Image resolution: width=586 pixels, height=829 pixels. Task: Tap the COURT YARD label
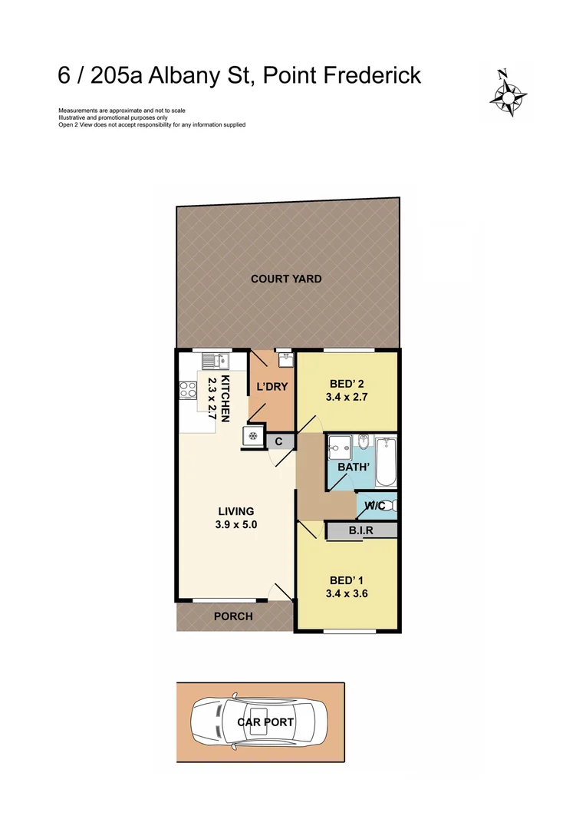[286, 279]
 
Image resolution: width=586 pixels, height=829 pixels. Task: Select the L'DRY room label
[272, 386]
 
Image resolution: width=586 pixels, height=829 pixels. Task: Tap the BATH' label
[343, 466]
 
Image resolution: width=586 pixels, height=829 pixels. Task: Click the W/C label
[374, 505]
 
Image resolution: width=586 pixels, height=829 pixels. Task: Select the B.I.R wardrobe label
[360, 530]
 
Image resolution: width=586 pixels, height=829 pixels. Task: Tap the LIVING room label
[235, 511]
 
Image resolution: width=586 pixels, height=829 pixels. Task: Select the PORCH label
[233, 616]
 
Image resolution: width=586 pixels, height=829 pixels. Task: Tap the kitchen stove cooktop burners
[186, 389]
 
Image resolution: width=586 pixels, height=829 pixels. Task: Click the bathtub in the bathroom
[386, 461]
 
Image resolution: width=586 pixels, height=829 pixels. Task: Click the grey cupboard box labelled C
[279, 441]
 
